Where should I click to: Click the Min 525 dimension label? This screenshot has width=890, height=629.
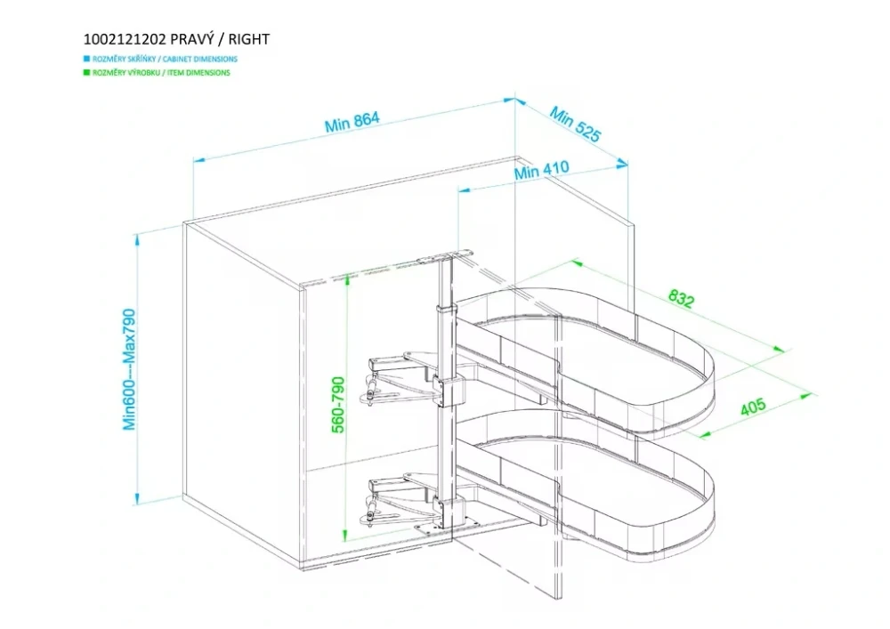[x=575, y=125]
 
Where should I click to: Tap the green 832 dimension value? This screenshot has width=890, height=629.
[x=680, y=299]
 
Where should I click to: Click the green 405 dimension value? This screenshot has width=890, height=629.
[x=753, y=408]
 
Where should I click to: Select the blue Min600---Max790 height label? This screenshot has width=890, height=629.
[x=129, y=369]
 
